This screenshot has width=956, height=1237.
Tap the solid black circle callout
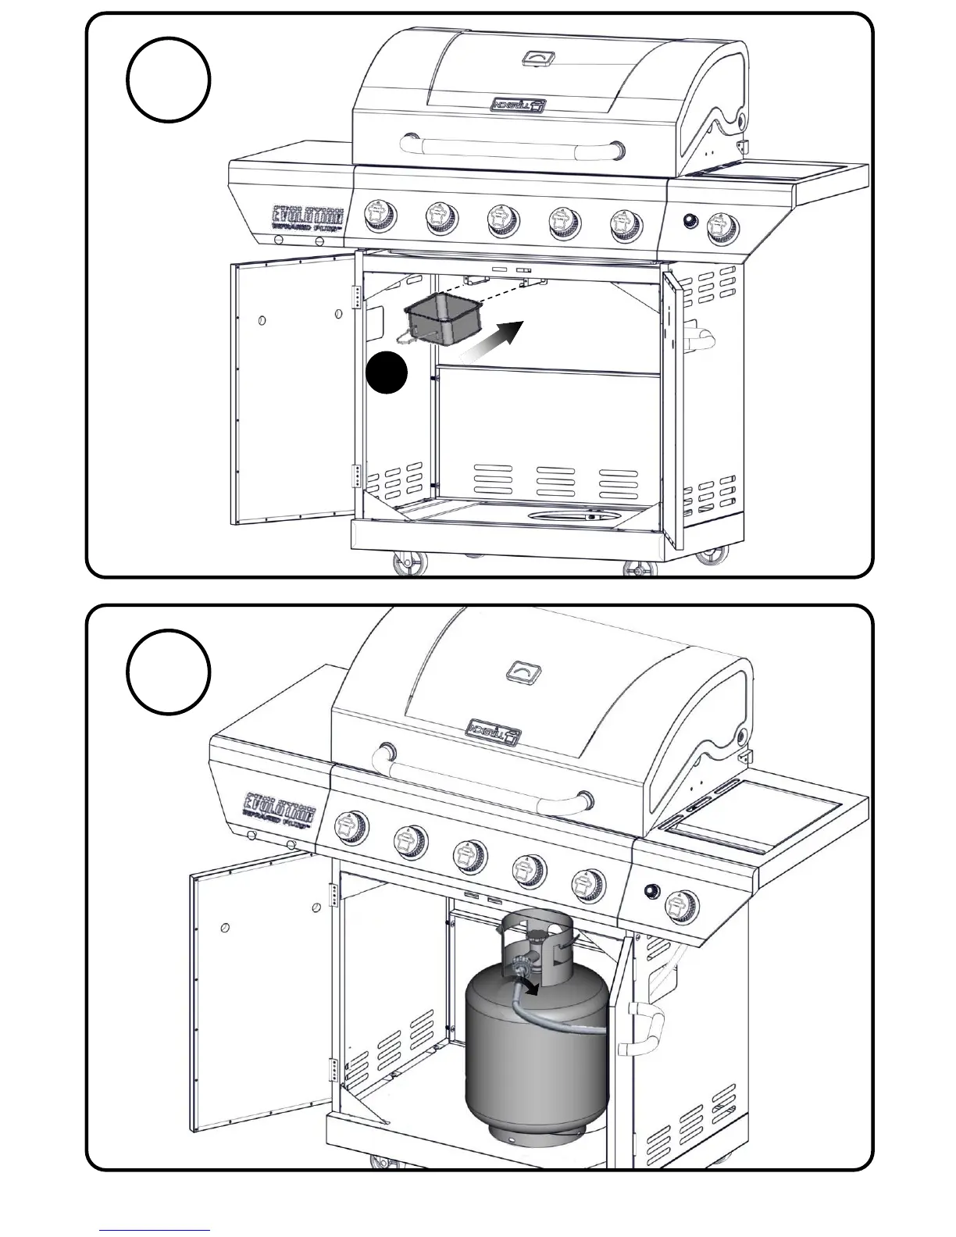pos(387,373)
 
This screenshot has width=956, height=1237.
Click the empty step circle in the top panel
pos(168,80)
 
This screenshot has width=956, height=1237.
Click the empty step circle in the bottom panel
pos(168,672)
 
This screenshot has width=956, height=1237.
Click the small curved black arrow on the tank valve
pos(530,988)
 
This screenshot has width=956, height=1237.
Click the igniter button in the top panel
pos(690,221)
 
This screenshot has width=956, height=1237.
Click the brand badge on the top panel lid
pos(516,105)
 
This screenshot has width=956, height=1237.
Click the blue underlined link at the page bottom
pos(154,1231)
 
